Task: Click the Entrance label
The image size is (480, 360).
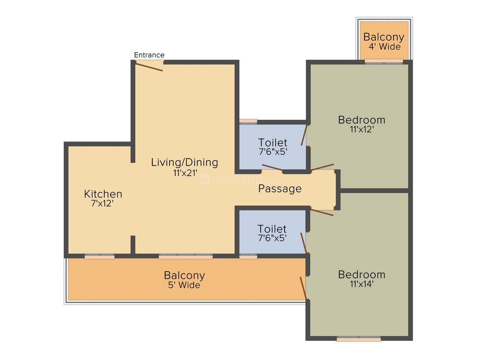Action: [149, 55]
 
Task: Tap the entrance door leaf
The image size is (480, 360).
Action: [149, 67]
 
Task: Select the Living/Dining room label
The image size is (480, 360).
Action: [185, 162]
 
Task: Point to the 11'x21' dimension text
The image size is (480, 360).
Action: [185, 173]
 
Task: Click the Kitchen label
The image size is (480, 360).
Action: [103, 194]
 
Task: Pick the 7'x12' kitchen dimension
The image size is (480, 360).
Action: [103, 203]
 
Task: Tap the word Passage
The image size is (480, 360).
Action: [280, 189]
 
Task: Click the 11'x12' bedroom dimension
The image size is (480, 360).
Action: [362, 129]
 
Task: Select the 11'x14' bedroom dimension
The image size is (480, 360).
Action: [362, 284]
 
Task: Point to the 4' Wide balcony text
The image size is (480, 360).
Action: [384, 46]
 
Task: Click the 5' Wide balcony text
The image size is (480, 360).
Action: [184, 285]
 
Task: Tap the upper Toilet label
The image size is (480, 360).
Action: [273, 143]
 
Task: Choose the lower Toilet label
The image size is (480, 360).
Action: [272, 229]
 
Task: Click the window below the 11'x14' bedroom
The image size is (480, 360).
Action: [359, 338]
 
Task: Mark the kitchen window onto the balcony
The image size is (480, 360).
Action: [99, 257]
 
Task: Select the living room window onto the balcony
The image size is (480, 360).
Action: [186, 257]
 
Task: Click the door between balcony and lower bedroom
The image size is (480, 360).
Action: [303, 288]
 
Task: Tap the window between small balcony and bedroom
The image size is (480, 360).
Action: [384, 62]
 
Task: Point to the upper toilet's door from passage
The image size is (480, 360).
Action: [272, 168]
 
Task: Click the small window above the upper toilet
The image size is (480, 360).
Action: [248, 121]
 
